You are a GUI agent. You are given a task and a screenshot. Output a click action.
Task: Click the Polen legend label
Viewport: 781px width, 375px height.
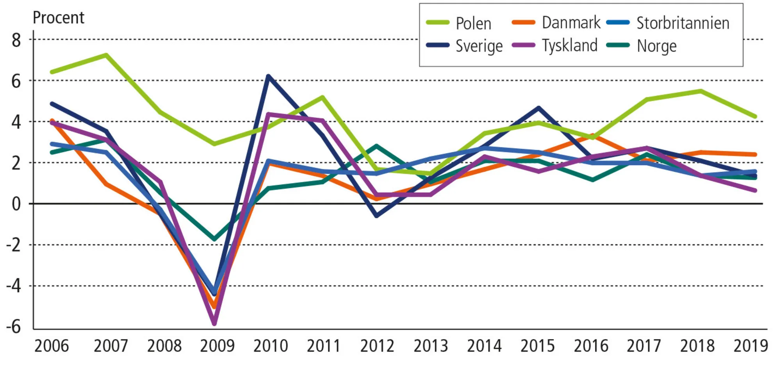[x=473, y=23]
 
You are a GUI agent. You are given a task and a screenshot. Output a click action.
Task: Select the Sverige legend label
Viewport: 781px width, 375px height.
[x=479, y=46]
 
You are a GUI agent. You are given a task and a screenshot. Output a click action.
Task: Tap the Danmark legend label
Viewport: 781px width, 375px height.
[x=571, y=23]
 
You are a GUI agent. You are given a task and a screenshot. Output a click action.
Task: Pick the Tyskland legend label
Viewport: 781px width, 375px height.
[x=569, y=46]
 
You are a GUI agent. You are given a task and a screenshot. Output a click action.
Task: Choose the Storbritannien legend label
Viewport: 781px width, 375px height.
[x=683, y=23]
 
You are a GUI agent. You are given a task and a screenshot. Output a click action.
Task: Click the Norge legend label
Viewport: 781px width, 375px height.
[x=656, y=46]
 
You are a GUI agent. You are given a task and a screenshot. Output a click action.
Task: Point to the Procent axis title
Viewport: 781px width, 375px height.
[x=58, y=18]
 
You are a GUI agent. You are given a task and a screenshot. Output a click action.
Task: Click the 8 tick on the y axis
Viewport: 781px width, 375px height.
[x=16, y=40]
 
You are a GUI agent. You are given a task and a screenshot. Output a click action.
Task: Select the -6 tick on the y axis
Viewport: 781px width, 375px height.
[x=13, y=327]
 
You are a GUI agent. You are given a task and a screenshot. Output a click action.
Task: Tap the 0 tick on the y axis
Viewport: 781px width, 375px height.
[x=16, y=204]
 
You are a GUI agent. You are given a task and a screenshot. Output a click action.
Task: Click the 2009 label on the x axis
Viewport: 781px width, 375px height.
[x=217, y=346]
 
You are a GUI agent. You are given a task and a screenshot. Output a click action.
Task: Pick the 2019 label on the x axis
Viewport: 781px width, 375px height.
[x=751, y=346]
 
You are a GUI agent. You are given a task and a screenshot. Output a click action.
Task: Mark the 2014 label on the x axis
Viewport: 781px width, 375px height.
[x=484, y=346]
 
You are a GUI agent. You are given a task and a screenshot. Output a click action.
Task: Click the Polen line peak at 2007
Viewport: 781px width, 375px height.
[x=106, y=55]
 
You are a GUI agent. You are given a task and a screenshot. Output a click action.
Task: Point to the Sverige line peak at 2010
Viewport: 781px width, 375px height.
[x=268, y=76]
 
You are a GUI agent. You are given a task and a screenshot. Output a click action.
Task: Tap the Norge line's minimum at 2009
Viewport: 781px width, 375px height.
[x=214, y=239]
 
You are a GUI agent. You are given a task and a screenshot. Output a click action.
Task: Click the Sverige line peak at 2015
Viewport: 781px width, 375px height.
[x=538, y=107]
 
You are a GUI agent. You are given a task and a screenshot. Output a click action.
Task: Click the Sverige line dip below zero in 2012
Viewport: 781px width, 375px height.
[x=376, y=216]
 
